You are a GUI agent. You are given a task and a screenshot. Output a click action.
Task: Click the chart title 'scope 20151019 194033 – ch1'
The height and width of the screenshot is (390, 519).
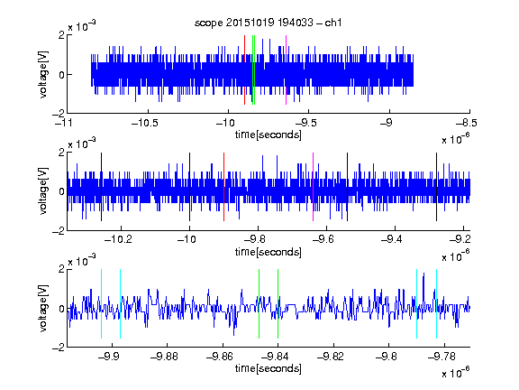point(269,23)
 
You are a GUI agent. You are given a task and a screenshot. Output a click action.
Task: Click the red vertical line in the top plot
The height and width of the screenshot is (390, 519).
point(244,70)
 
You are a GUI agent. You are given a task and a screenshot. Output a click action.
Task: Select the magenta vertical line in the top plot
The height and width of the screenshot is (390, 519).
point(286,70)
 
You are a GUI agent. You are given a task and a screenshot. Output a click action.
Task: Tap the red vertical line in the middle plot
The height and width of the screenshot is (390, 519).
point(223,187)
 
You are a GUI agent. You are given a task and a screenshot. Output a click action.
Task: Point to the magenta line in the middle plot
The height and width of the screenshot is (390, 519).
point(314,187)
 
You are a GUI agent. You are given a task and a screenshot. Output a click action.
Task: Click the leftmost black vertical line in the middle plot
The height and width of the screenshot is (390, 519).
point(101,187)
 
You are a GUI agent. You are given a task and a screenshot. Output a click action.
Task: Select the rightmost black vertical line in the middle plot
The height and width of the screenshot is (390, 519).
point(436,187)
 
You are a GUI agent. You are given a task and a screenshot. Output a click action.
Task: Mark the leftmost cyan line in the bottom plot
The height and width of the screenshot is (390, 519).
point(101,303)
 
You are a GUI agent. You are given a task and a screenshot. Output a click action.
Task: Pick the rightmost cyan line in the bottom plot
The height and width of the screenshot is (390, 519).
point(436,303)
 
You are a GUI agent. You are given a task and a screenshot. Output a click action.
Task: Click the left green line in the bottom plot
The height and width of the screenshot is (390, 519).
point(259,303)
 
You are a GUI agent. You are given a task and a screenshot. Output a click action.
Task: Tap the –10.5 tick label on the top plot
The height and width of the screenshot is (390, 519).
point(145,124)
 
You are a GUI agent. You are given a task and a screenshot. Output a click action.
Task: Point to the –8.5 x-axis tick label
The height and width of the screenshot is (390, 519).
point(467,124)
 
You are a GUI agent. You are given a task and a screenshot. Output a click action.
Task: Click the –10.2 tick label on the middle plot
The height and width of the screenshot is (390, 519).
point(118,239)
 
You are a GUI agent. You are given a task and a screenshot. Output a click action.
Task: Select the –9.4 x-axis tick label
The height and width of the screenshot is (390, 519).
point(392,239)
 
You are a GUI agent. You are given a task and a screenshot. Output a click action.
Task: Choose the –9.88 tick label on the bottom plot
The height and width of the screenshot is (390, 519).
point(164,357)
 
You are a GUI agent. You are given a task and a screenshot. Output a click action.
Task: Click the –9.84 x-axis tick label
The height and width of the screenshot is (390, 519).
point(275,357)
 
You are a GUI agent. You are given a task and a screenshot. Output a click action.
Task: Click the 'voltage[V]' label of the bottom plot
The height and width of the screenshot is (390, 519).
point(43,308)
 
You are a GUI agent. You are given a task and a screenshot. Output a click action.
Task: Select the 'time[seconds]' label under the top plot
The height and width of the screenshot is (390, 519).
point(269,135)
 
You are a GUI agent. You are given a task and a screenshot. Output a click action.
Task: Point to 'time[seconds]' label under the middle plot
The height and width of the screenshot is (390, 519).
point(269,252)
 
